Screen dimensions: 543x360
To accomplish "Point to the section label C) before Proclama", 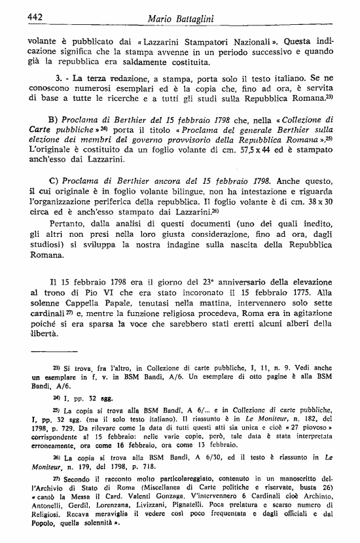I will (x=54, y=179).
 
